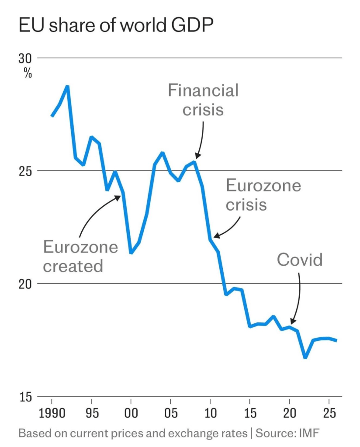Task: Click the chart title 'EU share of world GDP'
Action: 116,27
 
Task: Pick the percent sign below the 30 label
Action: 28,73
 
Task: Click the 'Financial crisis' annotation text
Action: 203,100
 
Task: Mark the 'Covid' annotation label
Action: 300,260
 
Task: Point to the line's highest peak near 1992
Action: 67,86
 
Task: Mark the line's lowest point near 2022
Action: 305,357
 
